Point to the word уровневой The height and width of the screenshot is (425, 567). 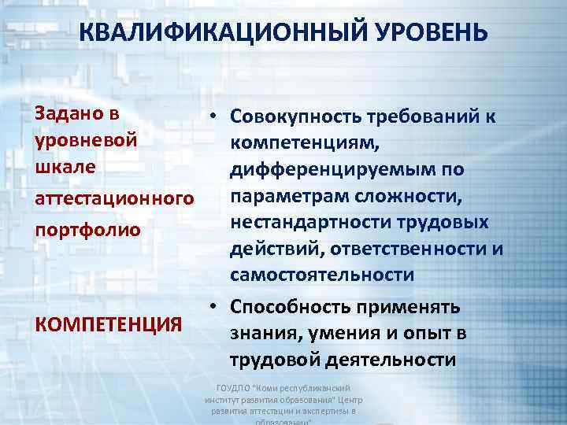click(87, 139)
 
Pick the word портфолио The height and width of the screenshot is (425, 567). click(87, 231)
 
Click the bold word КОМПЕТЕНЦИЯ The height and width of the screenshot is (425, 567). click(109, 323)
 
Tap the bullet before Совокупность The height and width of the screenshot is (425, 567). click(213, 116)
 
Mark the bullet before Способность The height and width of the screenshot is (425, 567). click(213, 307)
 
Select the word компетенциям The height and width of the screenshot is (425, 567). click(306, 142)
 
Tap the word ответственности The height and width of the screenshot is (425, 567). click(406, 249)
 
